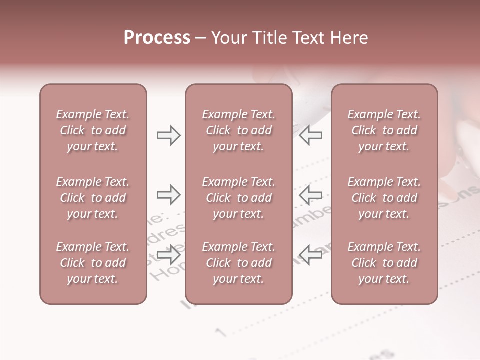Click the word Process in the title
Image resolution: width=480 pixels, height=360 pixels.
(x=157, y=38)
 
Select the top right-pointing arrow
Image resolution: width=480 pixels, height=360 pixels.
(x=168, y=135)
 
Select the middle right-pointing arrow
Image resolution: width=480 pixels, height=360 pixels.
(x=168, y=195)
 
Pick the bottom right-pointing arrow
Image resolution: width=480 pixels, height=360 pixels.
(x=168, y=255)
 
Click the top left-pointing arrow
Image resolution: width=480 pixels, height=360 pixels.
(x=310, y=135)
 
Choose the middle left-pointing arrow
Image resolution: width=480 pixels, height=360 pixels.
(x=310, y=195)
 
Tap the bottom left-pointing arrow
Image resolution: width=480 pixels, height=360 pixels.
(x=310, y=255)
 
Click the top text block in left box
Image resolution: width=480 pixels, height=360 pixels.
(x=93, y=130)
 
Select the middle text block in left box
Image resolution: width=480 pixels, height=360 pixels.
(x=93, y=198)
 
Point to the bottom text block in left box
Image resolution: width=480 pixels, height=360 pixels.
(x=93, y=263)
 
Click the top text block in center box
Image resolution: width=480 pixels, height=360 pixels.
(x=238, y=130)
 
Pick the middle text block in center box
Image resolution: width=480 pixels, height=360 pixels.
(x=238, y=198)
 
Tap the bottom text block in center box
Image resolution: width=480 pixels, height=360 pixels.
(x=238, y=263)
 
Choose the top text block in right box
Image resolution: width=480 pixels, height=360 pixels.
(x=384, y=130)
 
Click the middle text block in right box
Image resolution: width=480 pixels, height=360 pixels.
(x=384, y=198)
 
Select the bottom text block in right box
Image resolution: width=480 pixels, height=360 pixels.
(x=384, y=263)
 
